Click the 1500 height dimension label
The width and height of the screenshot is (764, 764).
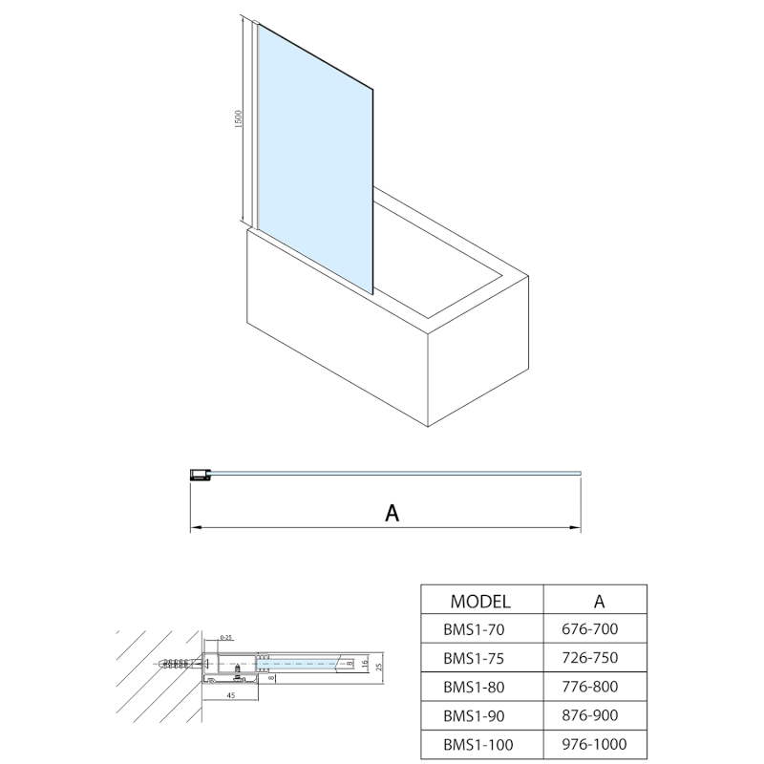pos(240,119)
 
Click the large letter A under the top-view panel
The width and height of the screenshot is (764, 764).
pos(391,513)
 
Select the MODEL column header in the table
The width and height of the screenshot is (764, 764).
pos(480,601)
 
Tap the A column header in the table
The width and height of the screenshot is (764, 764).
pos(598,601)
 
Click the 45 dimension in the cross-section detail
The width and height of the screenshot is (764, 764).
pos(232,696)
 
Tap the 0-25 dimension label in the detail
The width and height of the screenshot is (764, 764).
pos(226,636)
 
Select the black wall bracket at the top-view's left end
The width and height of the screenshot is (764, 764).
pos(200,474)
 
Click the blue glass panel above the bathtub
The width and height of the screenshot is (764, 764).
pos(315,153)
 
